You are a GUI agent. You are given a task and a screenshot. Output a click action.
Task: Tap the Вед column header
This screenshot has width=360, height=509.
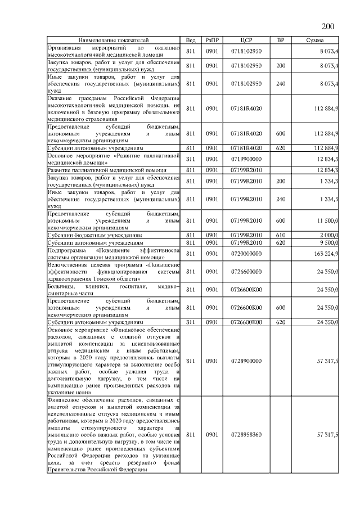click(x=191, y=40)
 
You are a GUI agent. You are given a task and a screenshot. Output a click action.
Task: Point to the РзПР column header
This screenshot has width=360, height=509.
click(x=212, y=40)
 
